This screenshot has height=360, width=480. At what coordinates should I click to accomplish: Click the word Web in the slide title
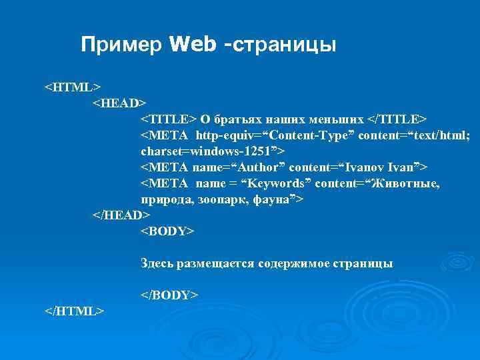(193, 45)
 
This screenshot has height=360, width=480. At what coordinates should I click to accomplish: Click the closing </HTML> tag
(74, 311)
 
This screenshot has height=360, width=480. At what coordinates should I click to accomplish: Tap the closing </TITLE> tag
(397, 119)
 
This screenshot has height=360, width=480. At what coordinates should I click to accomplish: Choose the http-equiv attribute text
(223, 135)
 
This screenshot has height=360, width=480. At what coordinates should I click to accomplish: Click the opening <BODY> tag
(167, 231)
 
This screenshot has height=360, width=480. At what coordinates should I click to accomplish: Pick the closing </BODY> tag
(169, 295)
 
